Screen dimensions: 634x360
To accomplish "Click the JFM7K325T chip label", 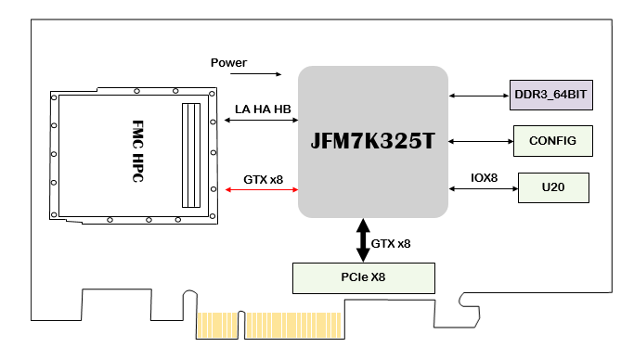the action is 372,141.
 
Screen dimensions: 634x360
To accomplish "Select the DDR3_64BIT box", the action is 551,95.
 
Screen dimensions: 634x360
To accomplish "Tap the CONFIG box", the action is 553,141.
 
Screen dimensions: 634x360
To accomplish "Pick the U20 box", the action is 553,187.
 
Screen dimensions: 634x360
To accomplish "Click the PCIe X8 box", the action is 364,278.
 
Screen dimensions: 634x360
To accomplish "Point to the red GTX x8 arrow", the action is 262,189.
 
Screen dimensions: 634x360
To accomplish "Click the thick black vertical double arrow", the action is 363,240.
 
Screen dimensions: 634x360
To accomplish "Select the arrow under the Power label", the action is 255,74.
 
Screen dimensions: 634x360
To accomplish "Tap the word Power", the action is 228,62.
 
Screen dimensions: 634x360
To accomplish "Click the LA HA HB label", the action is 263,109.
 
